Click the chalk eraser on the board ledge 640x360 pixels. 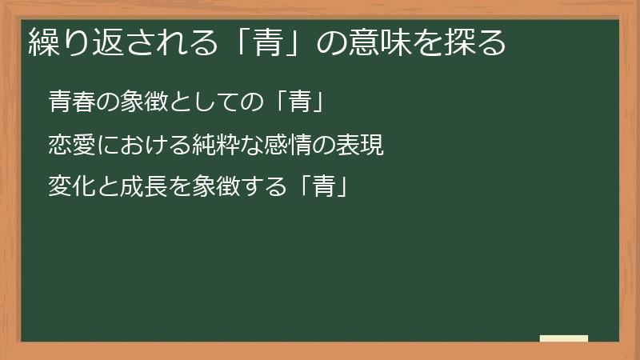pyautogui.click(x=563, y=339)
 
